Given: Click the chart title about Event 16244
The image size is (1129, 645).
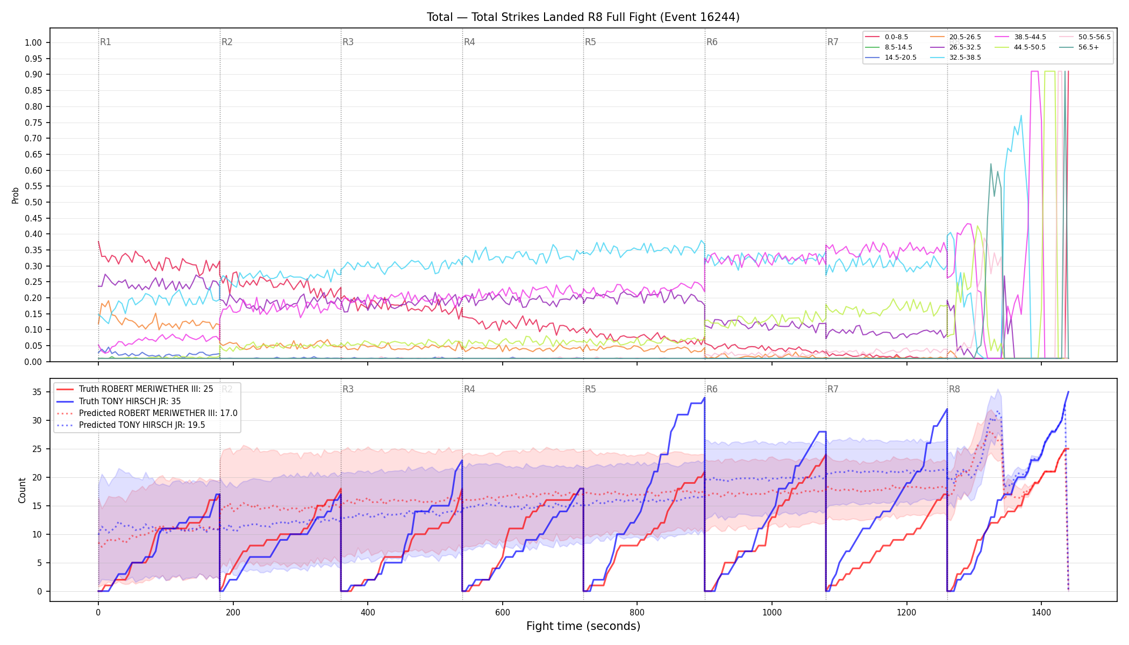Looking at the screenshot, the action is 583,17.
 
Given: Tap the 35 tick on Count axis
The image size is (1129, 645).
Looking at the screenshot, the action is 37,392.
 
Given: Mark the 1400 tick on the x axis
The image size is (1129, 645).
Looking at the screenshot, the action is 1041,612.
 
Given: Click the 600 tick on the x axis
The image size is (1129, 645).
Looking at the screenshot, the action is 503,612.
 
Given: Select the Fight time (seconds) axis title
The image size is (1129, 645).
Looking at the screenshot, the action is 583,626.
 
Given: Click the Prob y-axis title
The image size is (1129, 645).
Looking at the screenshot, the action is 16,195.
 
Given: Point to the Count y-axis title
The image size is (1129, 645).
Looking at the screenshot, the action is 22,490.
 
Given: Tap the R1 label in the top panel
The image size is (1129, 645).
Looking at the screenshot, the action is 105,42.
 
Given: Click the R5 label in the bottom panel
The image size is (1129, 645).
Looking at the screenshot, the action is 590,389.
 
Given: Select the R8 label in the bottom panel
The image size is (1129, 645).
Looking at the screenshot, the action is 954,389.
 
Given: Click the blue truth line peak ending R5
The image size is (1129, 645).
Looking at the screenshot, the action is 704,398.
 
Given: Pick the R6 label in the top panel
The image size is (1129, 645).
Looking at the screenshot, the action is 712,42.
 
